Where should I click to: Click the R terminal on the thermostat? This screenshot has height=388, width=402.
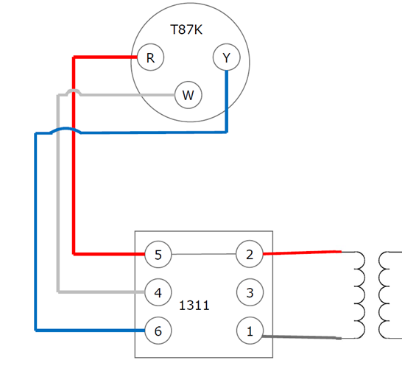click(150, 57)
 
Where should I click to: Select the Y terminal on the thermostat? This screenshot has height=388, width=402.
click(226, 57)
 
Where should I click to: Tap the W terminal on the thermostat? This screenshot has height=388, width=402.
click(188, 95)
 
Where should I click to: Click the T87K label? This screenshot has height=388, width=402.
click(187, 29)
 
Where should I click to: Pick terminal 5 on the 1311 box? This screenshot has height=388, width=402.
click(158, 255)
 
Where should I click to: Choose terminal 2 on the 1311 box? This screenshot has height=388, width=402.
click(250, 255)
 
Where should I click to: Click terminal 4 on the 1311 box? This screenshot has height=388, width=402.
click(158, 292)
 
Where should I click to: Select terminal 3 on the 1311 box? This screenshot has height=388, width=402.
click(250, 292)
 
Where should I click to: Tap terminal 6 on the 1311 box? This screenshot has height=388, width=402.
click(158, 331)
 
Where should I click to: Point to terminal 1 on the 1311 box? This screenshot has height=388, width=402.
click(250, 331)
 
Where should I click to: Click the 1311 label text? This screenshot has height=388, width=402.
click(194, 304)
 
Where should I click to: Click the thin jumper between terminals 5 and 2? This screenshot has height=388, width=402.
click(203, 255)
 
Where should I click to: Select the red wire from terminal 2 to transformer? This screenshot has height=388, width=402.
click(302, 253)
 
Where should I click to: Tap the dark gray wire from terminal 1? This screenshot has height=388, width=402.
click(302, 338)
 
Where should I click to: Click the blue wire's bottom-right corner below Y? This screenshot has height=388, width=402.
click(225, 132)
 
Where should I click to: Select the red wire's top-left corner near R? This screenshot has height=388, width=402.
click(74, 57)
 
